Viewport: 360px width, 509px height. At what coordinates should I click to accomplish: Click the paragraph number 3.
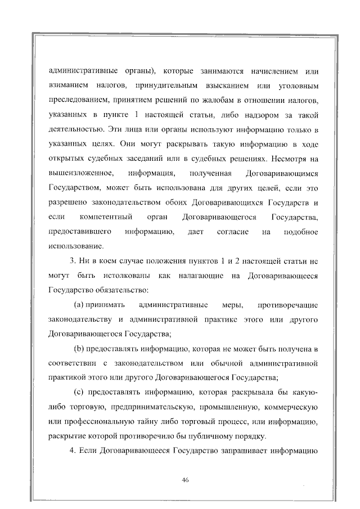pos(73,261)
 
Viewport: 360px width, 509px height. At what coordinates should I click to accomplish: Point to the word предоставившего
pos(79,232)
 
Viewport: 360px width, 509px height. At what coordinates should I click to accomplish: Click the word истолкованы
pos(123,276)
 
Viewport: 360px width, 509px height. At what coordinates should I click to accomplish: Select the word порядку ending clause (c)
pos(245,436)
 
